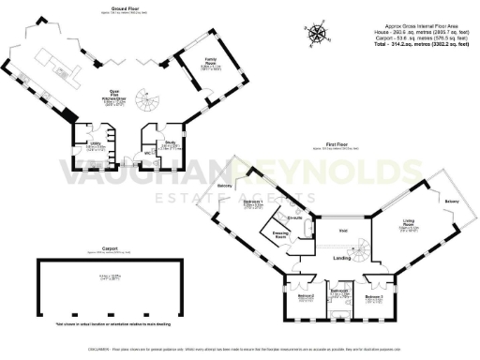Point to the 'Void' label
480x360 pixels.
pyautogui.click(x=342, y=230)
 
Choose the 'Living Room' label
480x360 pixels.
pyautogui.click(x=410, y=224)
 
